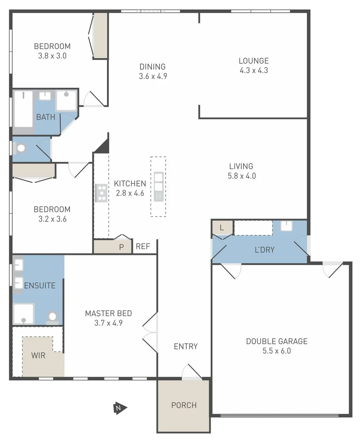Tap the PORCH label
pos(184,405)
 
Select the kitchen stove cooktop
pos(101,193)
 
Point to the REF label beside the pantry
pos(143,246)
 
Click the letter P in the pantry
pos(121,247)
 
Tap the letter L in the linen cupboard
pos(221,228)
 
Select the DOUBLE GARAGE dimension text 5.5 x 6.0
pos(276,351)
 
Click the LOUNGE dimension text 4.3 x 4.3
pos(254,70)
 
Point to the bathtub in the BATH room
pos(23,109)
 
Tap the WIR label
pos(38,355)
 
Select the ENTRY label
pos(186,346)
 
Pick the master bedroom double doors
pos(150,326)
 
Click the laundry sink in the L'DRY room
pos(287,226)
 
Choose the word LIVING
pos(241,166)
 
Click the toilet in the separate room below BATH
pos(20,148)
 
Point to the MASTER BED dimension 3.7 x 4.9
pos(108,322)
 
